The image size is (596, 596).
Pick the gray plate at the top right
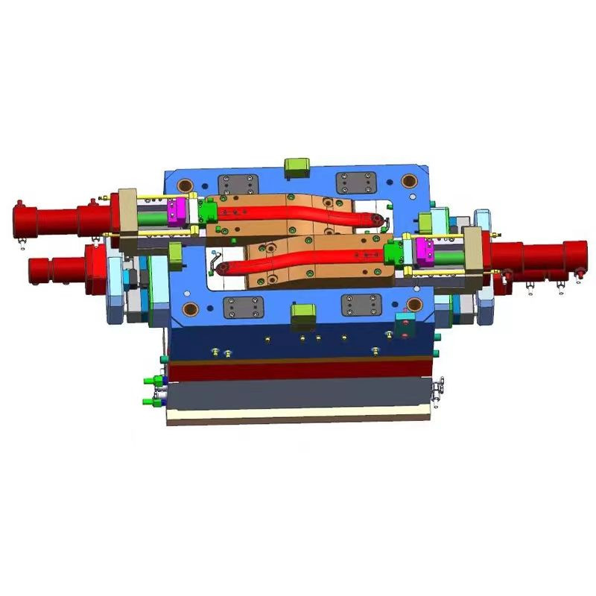pyautogui.click(x=354, y=183)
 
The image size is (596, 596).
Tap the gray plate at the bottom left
pyautogui.click(x=244, y=305)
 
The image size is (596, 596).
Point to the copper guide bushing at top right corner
pyautogui.click(x=408, y=181)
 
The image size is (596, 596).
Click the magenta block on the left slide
pyautogui.click(x=177, y=212)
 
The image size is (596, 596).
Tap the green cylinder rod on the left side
pyautogui.click(x=152, y=218)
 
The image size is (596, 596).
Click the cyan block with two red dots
pyautogui.click(x=405, y=323)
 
